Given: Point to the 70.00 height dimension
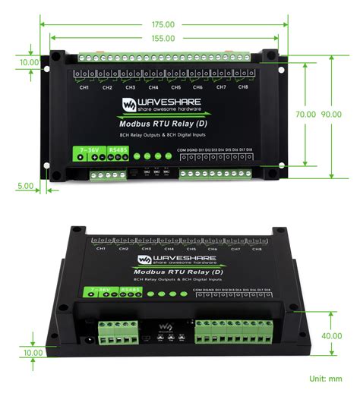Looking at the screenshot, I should coord(306,114).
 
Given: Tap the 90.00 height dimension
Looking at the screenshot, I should coord(331,114).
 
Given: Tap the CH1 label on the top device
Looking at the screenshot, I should coord(84,88).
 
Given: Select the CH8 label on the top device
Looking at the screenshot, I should coord(243,88).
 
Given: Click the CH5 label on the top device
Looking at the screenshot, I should coord(175,88).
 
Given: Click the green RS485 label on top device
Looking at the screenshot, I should coord(118,150).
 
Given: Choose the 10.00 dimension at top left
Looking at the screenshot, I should coord(29,62).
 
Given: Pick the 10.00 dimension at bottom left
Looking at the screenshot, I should coord(33,353).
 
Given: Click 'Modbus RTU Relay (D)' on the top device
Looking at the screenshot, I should coord(163,123).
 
